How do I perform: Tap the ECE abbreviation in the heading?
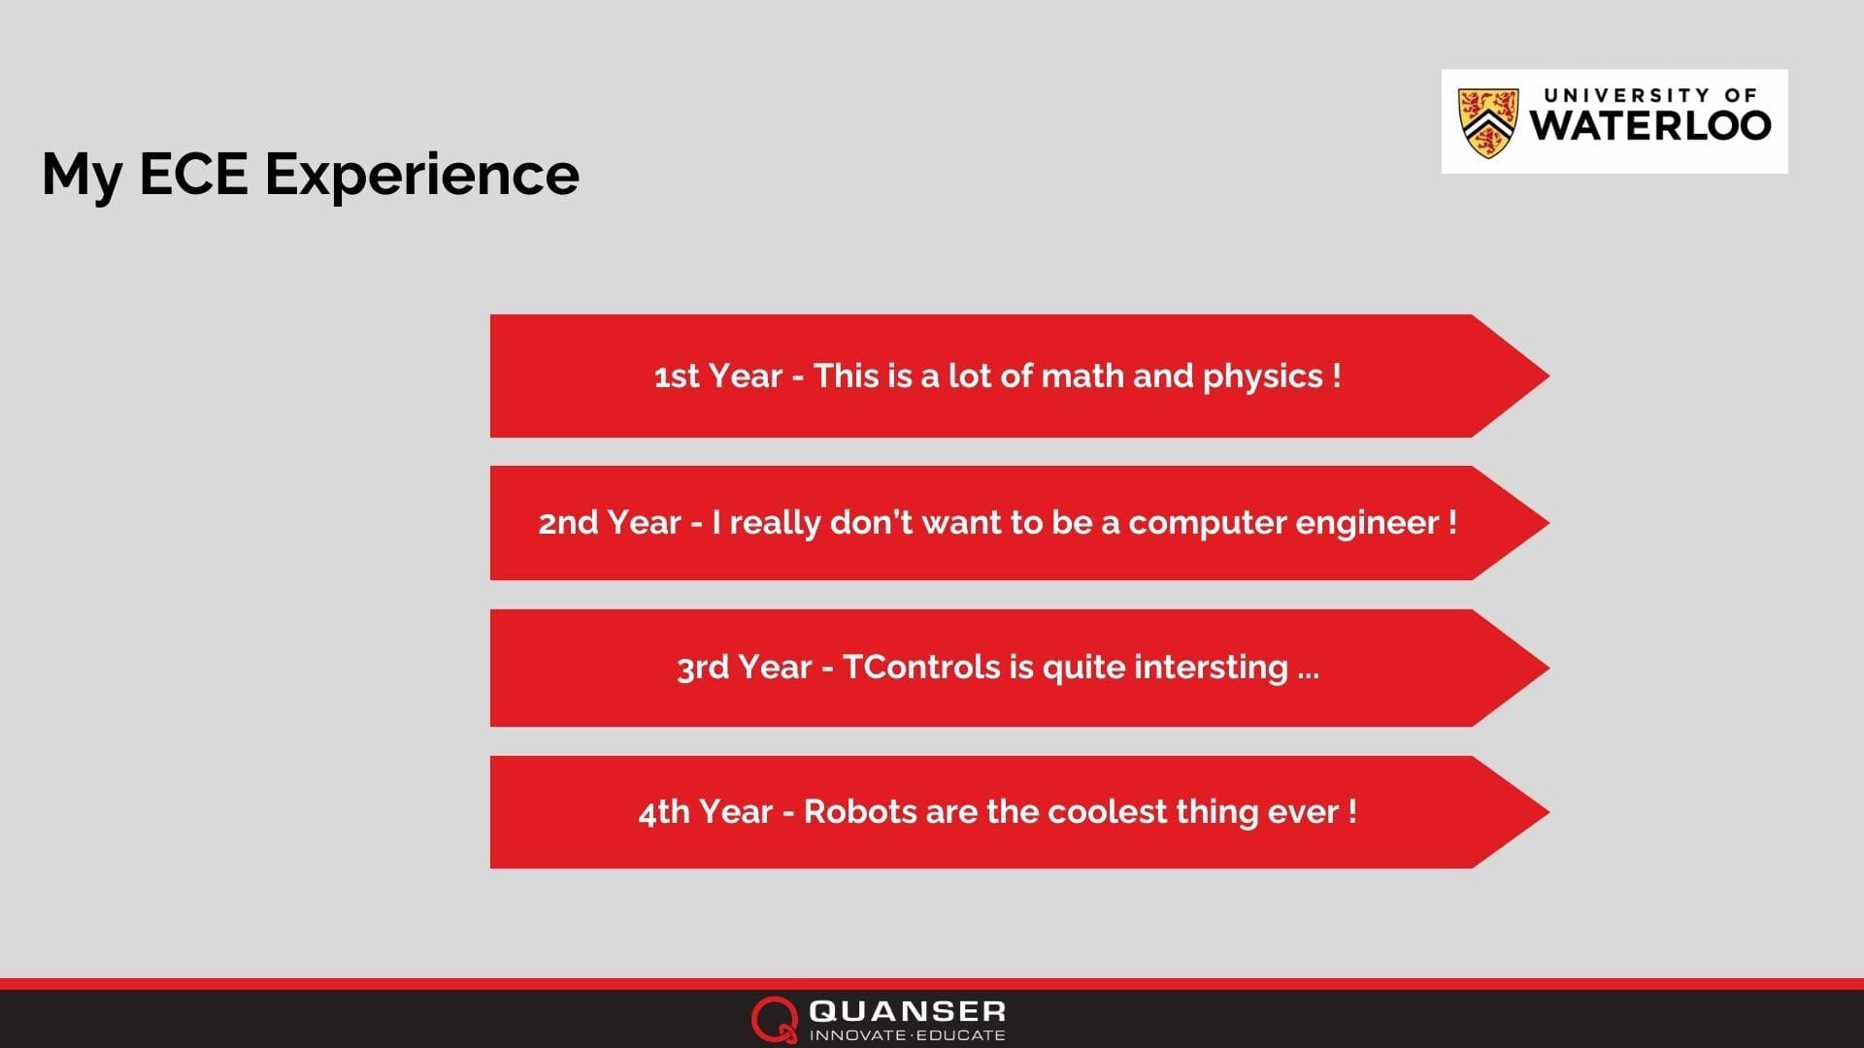[193, 174]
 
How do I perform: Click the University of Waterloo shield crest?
[1487, 123]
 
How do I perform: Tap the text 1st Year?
[717, 376]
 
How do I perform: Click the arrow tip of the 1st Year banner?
[1548, 376]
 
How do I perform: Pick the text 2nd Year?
[610, 523]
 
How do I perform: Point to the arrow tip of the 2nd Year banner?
[1548, 522]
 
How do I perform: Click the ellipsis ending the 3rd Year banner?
[1308, 675]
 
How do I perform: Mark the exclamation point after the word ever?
[1352, 811]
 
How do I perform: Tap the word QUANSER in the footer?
[907, 1011]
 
